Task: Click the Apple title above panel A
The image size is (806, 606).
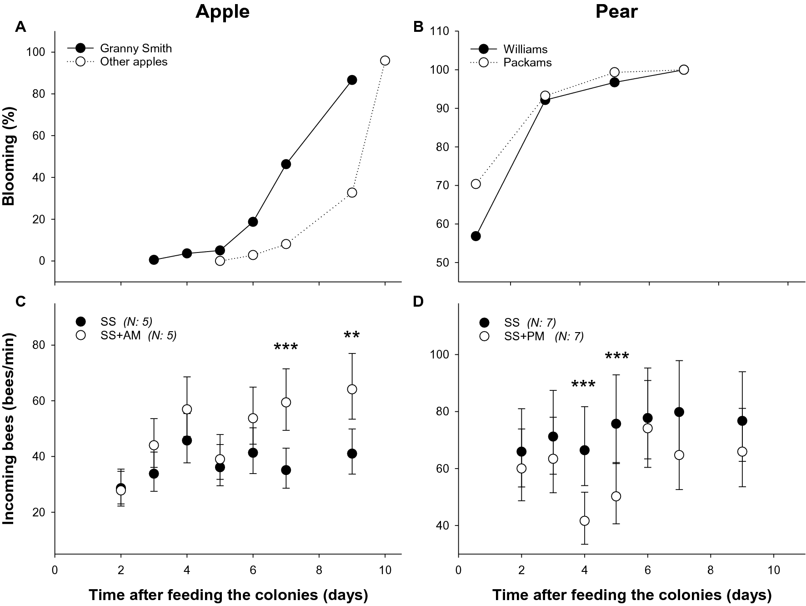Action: (x=222, y=12)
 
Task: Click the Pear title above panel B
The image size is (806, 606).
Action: (x=616, y=12)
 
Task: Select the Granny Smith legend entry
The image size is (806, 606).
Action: (x=135, y=48)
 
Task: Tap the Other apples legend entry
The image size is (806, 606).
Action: (x=134, y=62)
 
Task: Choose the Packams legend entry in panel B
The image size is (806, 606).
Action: (x=527, y=63)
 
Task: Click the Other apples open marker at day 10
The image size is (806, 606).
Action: (x=385, y=61)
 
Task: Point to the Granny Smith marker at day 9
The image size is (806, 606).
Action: (x=352, y=80)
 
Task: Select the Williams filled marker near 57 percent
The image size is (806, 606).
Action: (x=476, y=236)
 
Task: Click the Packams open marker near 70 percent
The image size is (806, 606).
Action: (x=476, y=184)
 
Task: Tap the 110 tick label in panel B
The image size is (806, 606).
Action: (x=440, y=32)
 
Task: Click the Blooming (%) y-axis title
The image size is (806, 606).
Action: (x=9, y=156)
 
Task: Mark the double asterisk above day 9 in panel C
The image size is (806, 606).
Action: (x=352, y=336)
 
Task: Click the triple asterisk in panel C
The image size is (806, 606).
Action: (x=286, y=348)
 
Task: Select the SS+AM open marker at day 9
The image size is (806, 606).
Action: (x=352, y=389)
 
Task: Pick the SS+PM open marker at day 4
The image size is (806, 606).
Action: (x=585, y=521)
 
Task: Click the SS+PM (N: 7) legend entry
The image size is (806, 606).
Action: (x=544, y=336)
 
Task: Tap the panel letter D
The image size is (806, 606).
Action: (x=418, y=302)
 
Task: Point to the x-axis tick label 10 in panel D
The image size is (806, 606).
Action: (x=774, y=571)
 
